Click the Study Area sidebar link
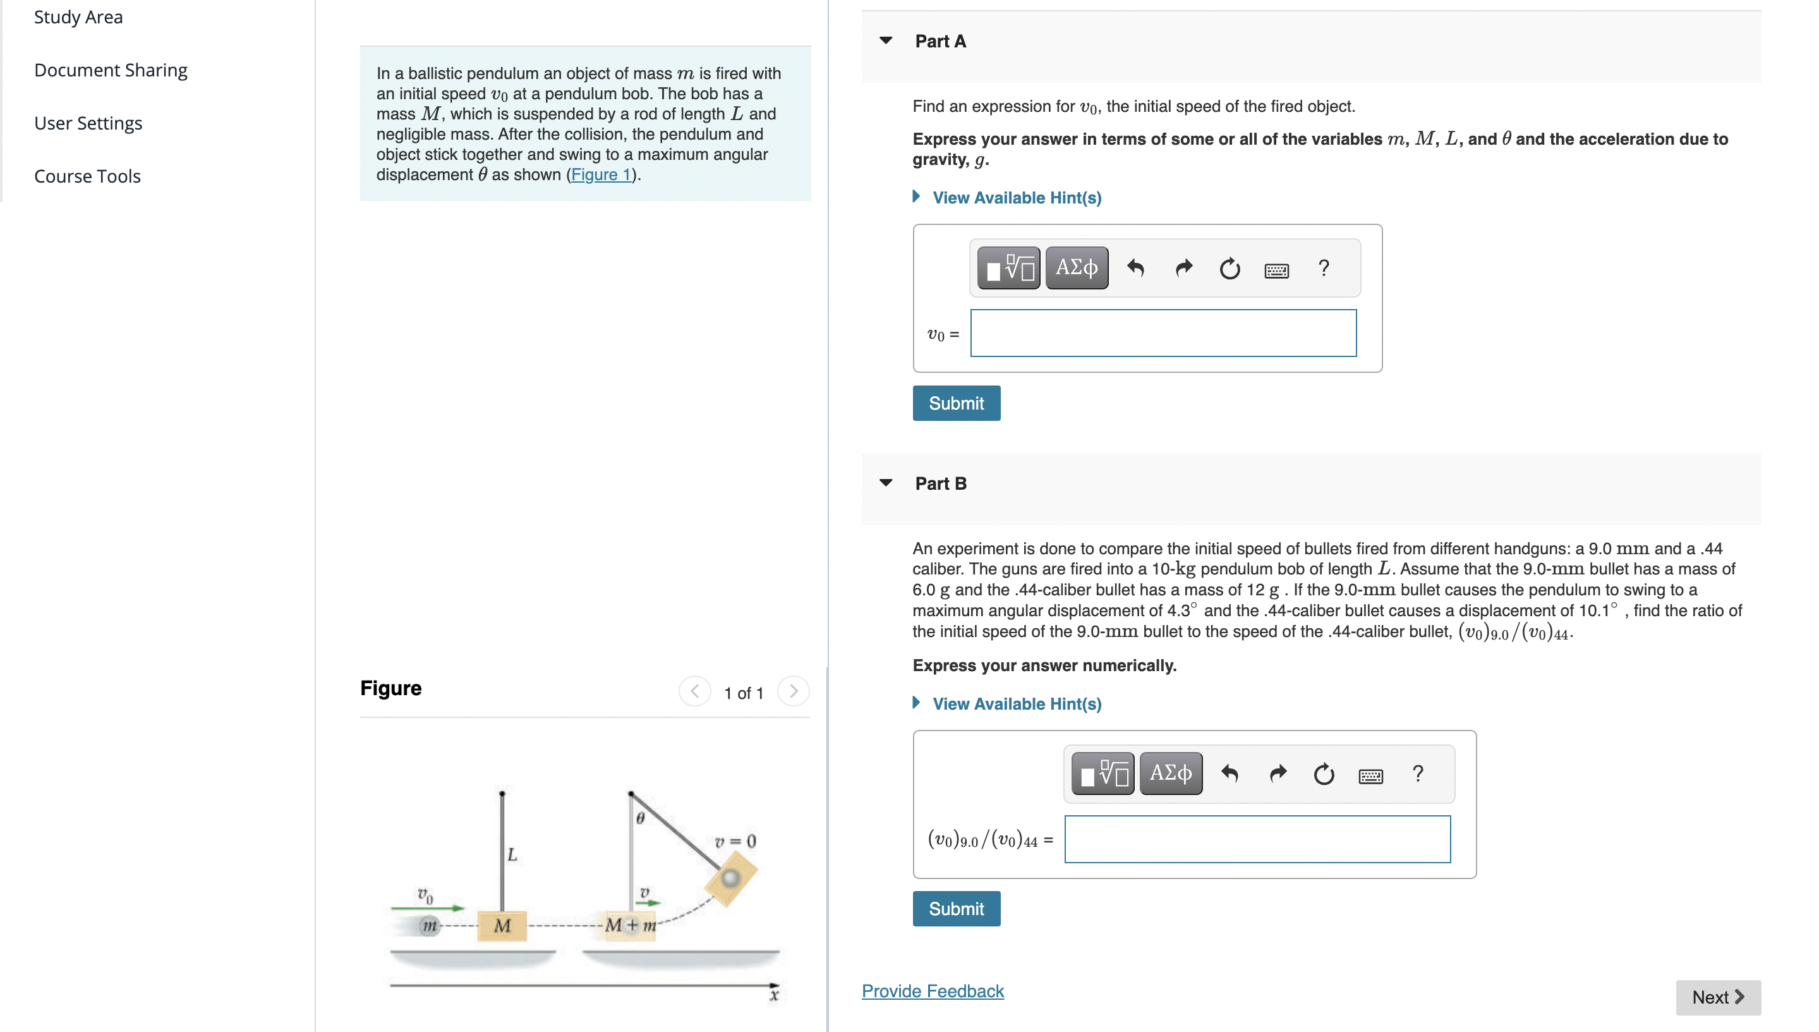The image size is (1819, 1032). [78, 17]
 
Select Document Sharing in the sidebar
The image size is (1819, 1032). [111, 70]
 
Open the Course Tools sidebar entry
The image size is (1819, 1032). [87, 176]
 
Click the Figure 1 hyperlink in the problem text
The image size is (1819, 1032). [601, 174]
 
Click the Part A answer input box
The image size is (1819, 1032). [1163, 333]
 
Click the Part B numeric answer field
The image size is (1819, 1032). [1257, 839]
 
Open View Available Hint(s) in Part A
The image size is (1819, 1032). [1016, 198]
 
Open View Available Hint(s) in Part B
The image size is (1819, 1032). [1016, 704]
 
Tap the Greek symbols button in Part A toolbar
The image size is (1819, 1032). [1077, 268]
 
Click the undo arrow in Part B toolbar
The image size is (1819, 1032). [1230, 774]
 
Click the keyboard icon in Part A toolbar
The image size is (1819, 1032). [1276, 269]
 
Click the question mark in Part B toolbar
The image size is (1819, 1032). [1417, 774]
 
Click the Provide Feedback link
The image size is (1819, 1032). [933, 991]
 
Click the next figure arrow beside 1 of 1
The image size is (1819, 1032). [793, 691]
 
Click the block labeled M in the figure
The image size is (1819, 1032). [502, 926]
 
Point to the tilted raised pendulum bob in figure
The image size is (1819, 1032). [730, 879]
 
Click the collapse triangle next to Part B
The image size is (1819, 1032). [886, 483]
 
